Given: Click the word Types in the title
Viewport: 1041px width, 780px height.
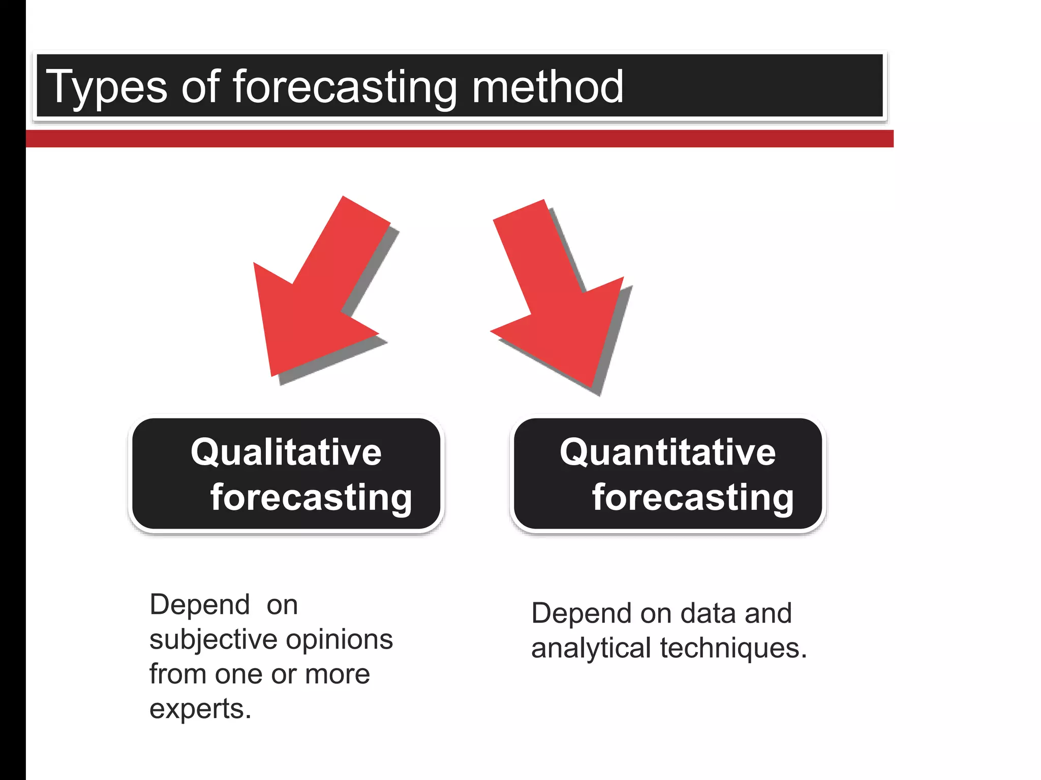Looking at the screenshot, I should [107, 87].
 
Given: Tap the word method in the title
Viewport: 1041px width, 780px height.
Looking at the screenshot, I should [547, 87].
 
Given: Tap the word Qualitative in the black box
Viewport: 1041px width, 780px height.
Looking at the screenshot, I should [286, 452].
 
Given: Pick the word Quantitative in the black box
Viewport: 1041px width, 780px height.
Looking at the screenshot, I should [667, 452].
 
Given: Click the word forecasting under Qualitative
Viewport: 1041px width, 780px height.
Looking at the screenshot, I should [311, 497].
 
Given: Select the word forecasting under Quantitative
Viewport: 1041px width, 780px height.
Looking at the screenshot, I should [693, 497].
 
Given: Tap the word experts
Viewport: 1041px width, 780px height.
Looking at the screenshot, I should [200, 709].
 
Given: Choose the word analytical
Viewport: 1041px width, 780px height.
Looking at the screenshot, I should [591, 648].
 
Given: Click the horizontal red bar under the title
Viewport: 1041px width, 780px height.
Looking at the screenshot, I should [457, 139].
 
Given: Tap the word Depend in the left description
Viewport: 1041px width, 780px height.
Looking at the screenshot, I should [199, 605].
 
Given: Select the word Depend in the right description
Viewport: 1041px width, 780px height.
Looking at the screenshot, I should [581, 613].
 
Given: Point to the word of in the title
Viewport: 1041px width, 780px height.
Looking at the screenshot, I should [200, 87].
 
